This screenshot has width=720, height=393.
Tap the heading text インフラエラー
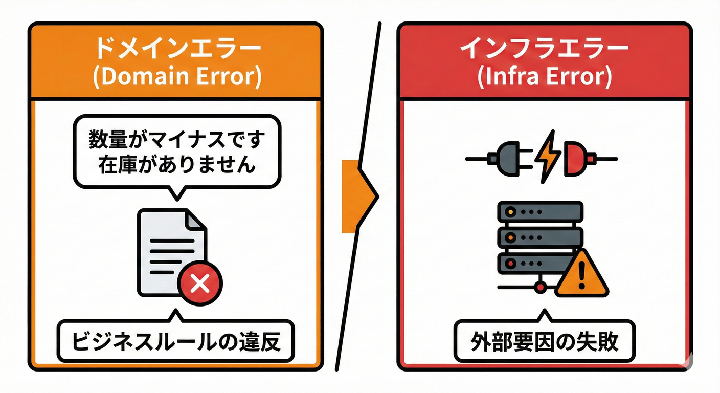point(544,51)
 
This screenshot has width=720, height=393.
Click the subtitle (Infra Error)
point(544,77)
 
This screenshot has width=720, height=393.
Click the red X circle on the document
point(200,282)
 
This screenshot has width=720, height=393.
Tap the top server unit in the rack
point(540,211)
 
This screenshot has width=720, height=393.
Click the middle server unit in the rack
point(540,236)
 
